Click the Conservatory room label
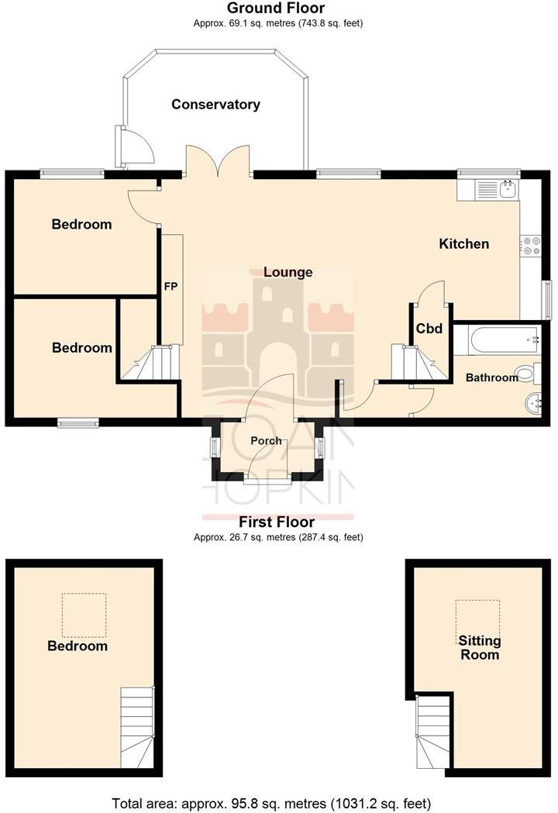click(x=215, y=105)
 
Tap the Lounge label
click(x=288, y=272)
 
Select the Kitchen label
click(x=464, y=244)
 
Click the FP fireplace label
click(x=170, y=287)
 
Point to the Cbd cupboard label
click(x=429, y=329)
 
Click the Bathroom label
click(x=491, y=377)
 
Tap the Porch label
click(x=266, y=440)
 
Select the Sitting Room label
click(x=479, y=648)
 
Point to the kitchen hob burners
click(x=532, y=246)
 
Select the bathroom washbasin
click(x=533, y=402)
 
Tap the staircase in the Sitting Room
click(x=432, y=729)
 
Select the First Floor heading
click(x=277, y=522)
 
